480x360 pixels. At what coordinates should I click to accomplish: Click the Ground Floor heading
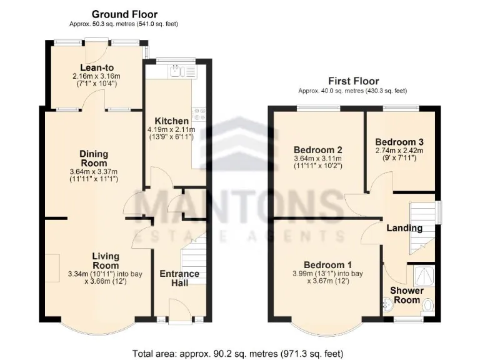pyautogui.click(x=124, y=14)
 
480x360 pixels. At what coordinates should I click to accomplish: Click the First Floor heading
pyautogui.click(x=353, y=81)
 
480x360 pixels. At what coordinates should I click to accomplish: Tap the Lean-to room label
pyautogui.click(x=96, y=68)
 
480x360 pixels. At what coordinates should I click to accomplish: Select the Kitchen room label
pyautogui.click(x=172, y=121)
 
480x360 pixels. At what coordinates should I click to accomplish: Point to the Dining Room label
pyautogui.click(x=94, y=159)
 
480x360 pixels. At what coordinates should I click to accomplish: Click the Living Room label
pyautogui.click(x=106, y=261)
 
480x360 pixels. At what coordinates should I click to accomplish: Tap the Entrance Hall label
pyautogui.click(x=179, y=279)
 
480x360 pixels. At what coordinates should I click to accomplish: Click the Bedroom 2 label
pyautogui.click(x=318, y=149)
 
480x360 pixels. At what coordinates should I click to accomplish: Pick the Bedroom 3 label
pyautogui.click(x=399, y=142)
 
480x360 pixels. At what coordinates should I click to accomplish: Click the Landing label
pyautogui.click(x=404, y=228)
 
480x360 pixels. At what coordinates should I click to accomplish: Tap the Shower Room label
pyautogui.click(x=407, y=295)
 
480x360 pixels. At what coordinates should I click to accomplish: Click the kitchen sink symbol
pyautogui.click(x=181, y=72)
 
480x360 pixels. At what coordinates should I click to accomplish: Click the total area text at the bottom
pyautogui.click(x=240, y=351)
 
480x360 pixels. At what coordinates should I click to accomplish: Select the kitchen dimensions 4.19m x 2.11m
pyautogui.click(x=172, y=131)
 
